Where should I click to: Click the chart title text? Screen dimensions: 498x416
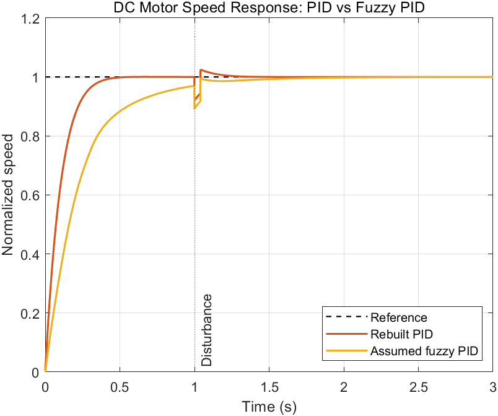pyautogui.click(x=269, y=7)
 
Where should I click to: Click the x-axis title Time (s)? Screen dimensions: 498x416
pyautogui.click(x=269, y=407)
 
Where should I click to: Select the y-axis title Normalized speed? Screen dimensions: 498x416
pyautogui.click(x=7, y=195)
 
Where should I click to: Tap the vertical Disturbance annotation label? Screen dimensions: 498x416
pyautogui.click(x=206, y=330)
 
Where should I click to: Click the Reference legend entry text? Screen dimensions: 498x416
pyautogui.click(x=399, y=317)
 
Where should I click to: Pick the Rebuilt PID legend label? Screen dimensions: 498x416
pyautogui.click(x=401, y=334)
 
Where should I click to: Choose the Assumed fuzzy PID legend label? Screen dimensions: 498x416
pyautogui.click(x=424, y=351)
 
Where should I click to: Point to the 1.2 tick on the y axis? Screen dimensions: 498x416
pyautogui.click(x=30, y=19)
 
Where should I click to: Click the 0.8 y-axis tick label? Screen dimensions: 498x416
pyautogui.click(x=30, y=136)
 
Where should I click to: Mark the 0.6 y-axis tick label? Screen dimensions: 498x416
pyautogui.click(x=30, y=195)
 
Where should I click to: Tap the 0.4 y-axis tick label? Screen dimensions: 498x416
pyautogui.click(x=30, y=254)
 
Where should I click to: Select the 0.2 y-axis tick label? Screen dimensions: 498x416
pyautogui.click(x=30, y=313)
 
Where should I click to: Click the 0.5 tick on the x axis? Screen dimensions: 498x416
pyautogui.click(x=120, y=387)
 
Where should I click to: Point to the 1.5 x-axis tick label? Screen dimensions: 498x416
pyautogui.click(x=269, y=387)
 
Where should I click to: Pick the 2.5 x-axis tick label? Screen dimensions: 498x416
pyautogui.click(x=418, y=387)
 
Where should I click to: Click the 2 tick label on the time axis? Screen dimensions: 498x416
pyautogui.click(x=344, y=387)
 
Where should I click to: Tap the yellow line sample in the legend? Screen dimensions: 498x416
pyautogui.click(x=346, y=350)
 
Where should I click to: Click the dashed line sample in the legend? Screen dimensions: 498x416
pyautogui.click(x=346, y=317)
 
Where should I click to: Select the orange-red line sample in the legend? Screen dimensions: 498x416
pyautogui.click(x=346, y=334)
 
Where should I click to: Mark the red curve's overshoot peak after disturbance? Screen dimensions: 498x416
pyautogui.click(x=201, y=69)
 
